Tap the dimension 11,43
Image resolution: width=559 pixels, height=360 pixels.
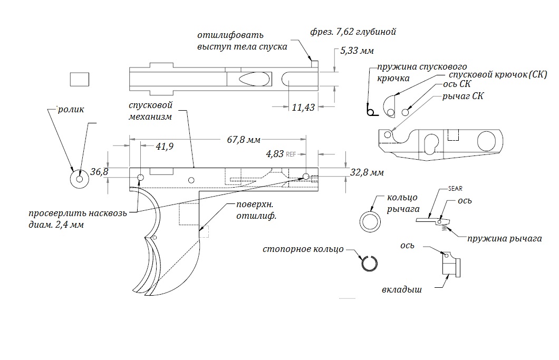[303, 107]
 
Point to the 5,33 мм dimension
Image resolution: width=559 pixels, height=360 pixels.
[357, 51]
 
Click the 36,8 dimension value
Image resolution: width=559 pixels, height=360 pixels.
[99, 172]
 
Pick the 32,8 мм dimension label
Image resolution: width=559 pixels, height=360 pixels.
[367, 172]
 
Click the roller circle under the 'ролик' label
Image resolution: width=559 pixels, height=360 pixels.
[80, 179]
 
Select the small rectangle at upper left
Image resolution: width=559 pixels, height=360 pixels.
[79, 79]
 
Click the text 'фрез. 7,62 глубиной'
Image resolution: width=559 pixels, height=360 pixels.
[353, 32]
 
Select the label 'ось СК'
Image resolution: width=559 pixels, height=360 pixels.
[455, 84]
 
